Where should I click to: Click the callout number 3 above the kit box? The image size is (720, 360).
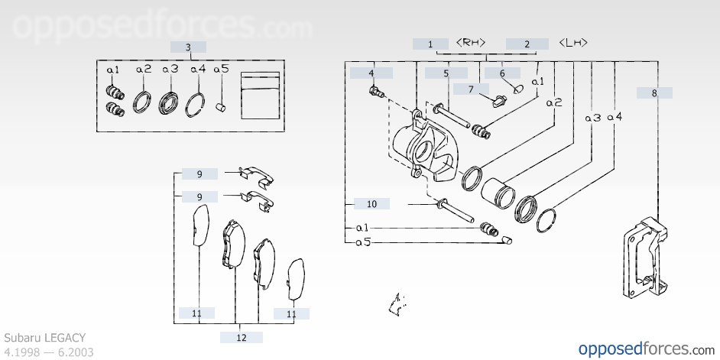point(188,47)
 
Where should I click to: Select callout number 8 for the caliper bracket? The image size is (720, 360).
point(654,93)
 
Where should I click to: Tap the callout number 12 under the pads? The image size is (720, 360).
point(242,338)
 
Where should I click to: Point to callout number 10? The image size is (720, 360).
point(372,204)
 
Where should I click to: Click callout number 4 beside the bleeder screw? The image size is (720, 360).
point(371,73)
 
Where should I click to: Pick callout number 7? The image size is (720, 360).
point(471,89)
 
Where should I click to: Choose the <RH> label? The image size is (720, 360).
point(471,43)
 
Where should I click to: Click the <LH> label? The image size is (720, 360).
point(573,43)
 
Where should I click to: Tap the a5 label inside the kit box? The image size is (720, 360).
point(221,70)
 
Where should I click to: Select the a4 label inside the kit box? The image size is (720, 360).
point(198,70)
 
